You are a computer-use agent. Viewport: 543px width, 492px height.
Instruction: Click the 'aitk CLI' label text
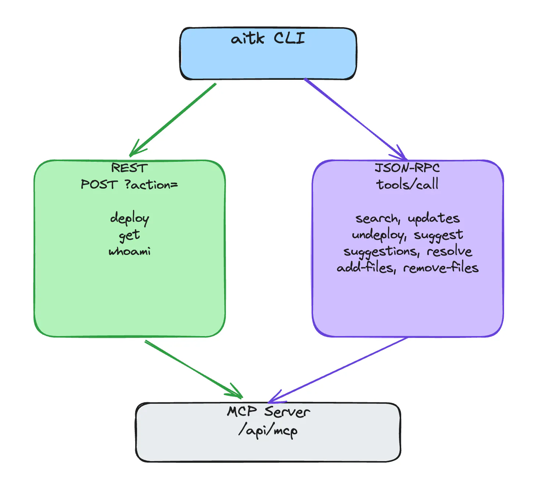click(268, 38)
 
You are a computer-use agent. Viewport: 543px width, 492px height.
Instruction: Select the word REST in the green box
click(129, 168)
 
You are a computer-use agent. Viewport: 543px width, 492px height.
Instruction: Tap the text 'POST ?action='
click(129, 185)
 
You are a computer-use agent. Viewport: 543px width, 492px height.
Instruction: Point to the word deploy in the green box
click(129, 218)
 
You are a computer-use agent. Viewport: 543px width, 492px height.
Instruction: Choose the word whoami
click(129, 252)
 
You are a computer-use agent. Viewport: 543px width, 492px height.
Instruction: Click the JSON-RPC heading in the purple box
click(407, 168)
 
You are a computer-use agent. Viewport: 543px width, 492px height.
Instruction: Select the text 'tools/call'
click(407, 184)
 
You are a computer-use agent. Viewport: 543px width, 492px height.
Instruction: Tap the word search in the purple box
click(377, 218)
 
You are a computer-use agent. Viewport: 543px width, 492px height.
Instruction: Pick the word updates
click(434, 218)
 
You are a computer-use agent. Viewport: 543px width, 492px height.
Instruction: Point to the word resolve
click(449, 252)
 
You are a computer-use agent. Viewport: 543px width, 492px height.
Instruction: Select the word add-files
click(366, 268)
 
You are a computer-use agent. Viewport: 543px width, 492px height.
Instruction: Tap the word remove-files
click(441, 268)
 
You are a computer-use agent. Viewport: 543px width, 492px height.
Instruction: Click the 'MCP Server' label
click(268, 411)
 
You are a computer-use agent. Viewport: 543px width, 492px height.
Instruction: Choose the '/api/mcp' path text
click(268, 429)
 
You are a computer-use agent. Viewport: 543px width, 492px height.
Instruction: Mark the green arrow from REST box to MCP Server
click(193, 369)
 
